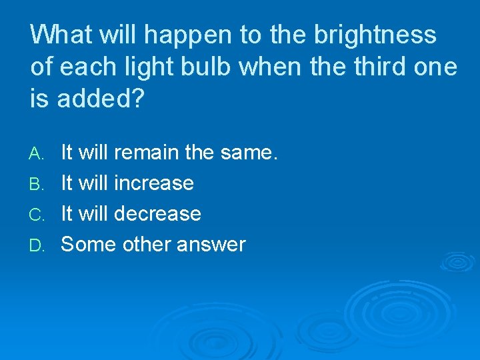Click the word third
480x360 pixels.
(365, 67)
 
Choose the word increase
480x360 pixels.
(155, 183)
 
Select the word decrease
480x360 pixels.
(158, 214)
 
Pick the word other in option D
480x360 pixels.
(147, 245)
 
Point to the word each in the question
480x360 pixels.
(85, 67)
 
